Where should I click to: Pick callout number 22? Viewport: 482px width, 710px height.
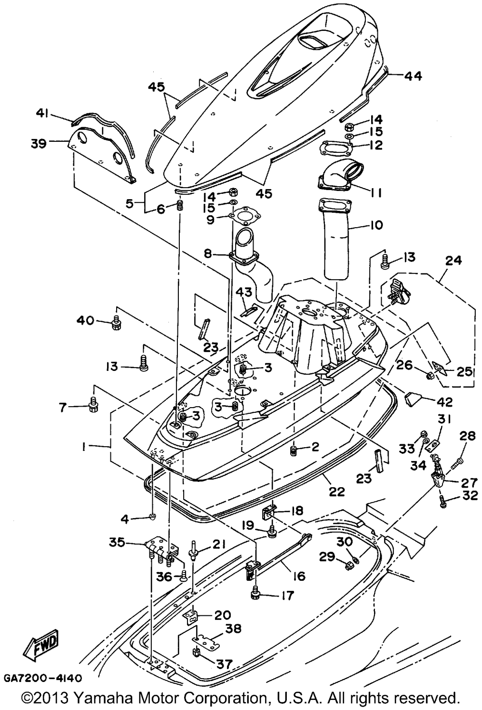(337, 491)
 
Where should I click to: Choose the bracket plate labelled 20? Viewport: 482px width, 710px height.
(192, 616)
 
